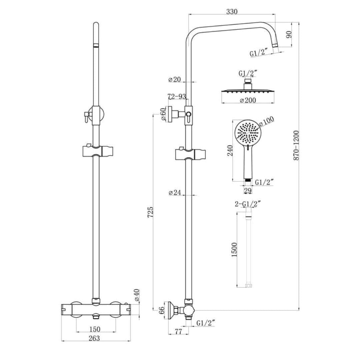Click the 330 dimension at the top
(x=232, y=12)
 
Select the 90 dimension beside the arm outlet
(x=289, y=34)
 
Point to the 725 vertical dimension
(x=150, y=212)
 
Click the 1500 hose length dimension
(x=234, y=249)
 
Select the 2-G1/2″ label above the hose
(x=248, y=204)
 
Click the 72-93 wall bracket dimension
(x=177, y=97)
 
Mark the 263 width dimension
(x=94, y=338)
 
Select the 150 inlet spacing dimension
(x=94, y=329)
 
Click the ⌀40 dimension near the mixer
(x=137, y=295)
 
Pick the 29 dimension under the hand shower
(x=247, y=190)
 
